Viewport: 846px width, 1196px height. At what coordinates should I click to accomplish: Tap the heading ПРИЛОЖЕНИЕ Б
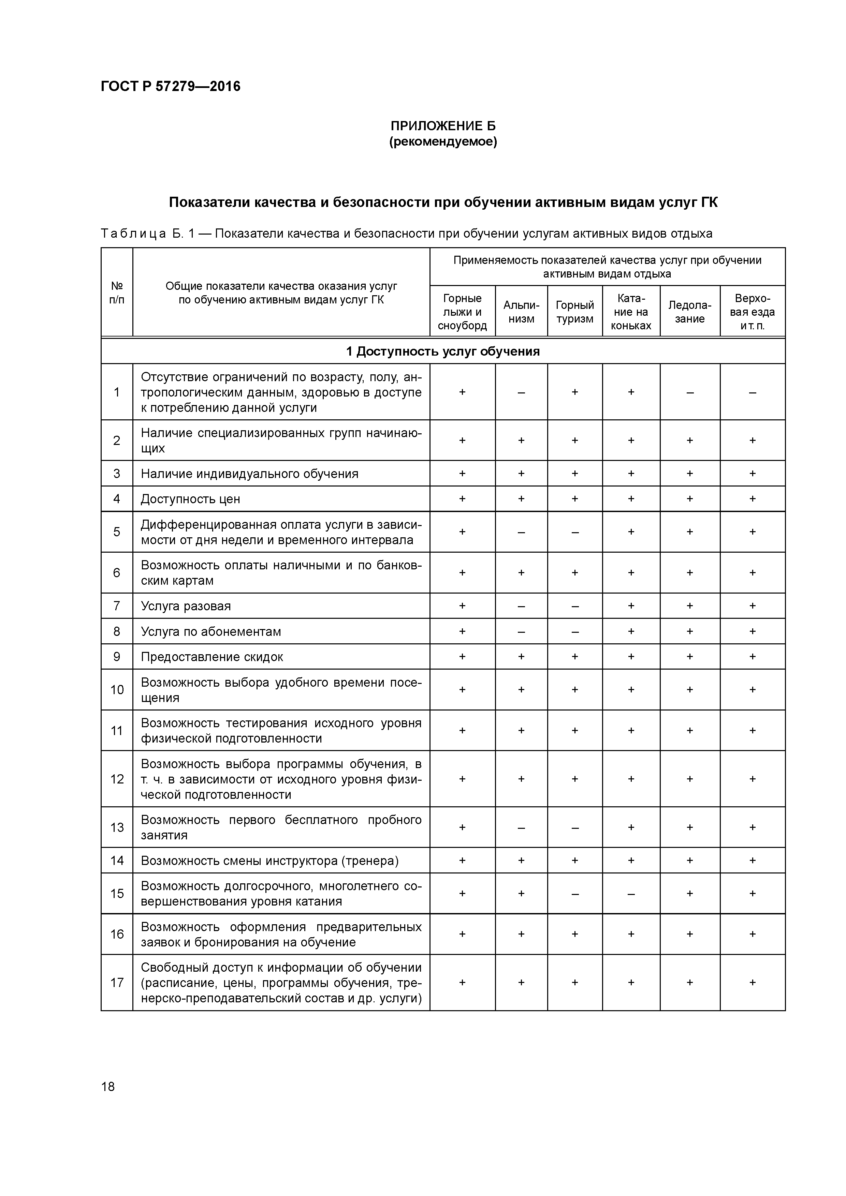[x=443, y=125]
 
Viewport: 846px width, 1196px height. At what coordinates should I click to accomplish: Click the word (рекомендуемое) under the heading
[x=443, y=142]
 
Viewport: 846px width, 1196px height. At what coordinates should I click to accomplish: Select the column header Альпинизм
[x=521, y=312]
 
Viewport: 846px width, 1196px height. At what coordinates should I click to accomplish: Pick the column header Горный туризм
[x=574, y=312]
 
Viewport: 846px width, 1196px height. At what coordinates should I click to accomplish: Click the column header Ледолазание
[x=690, y=312]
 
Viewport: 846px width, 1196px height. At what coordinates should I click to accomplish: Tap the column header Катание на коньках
[x=631, y=312]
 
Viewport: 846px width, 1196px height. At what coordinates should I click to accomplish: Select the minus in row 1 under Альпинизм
[x=521, y=392]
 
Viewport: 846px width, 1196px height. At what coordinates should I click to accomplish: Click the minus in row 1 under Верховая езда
[x=752, y=392]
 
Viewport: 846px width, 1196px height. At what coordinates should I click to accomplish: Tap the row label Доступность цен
[x=190, y=499]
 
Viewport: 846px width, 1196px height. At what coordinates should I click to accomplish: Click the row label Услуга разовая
[x=186, y=606]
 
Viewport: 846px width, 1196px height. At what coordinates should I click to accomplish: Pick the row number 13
[x=117, y=827]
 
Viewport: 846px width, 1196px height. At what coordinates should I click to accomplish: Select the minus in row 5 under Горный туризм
[x=574, y=532]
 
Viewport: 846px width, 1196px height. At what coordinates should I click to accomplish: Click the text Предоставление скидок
[x=211, y=657]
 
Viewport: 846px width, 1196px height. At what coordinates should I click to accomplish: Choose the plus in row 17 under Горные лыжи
[x=462, y=983]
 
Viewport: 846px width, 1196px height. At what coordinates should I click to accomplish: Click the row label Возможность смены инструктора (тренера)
[x=269, y=861]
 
